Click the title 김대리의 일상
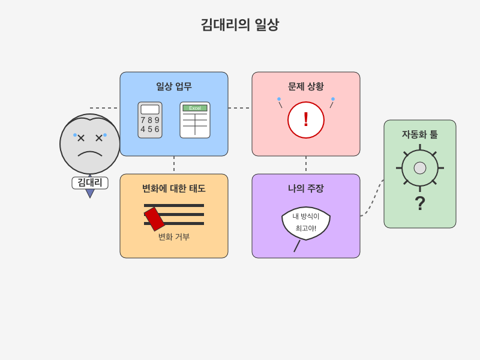(x=239, y=25)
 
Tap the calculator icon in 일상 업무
(x=150, y=120)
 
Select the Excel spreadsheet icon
(x=195, y=120)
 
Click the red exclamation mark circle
(x=306, y=120)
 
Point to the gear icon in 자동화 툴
(x=420, y=168)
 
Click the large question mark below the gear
(x=420, y=203)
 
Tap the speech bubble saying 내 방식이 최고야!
(x=306, y=222)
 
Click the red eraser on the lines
(x=154, y=219)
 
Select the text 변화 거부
(x=174, y=237)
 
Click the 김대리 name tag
(x=90, y=182)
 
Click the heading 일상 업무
(x=174, y=86)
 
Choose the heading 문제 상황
(x=306, y=86)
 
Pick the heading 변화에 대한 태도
(x=174, y=188)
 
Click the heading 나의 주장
(x=306, y=188)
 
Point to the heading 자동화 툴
(x=420, y=134)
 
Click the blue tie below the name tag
(x=90, y=193)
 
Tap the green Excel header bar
(x=195, y=108)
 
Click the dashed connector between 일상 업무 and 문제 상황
(x=240, y=108)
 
